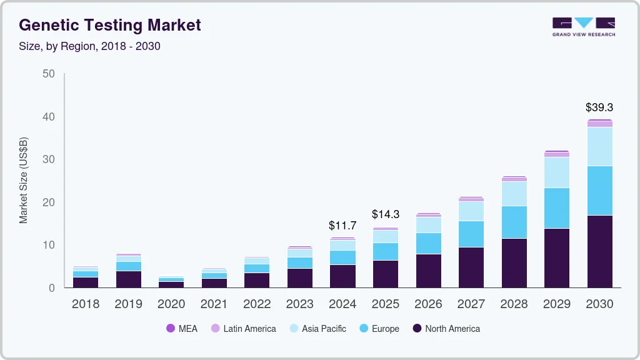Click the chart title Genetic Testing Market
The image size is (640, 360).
point(110,25)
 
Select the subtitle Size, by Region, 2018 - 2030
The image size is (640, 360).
point(90,46)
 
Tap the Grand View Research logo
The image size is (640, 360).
point(583,27)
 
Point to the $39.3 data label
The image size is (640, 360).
point(599,108)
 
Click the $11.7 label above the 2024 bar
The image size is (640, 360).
point(342,225)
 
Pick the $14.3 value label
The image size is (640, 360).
point(385,214)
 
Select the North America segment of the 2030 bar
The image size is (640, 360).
point(599,251)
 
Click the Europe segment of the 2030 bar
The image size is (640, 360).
point(599,191)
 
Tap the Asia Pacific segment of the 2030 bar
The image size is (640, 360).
point(599,146)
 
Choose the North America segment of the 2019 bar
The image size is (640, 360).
point(128,279)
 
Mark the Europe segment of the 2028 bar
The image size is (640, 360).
point(514,222)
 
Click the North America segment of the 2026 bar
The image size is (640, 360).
point(428,271)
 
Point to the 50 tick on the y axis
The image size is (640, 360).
point(49,74)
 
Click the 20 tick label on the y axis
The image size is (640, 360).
point(49,202)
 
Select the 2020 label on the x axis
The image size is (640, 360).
point(171,304)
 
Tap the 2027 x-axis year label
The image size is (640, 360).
point(471,304)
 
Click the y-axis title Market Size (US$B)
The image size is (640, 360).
point(24,181)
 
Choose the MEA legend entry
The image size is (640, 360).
point(182,329)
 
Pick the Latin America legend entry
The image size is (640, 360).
point(243,329)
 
